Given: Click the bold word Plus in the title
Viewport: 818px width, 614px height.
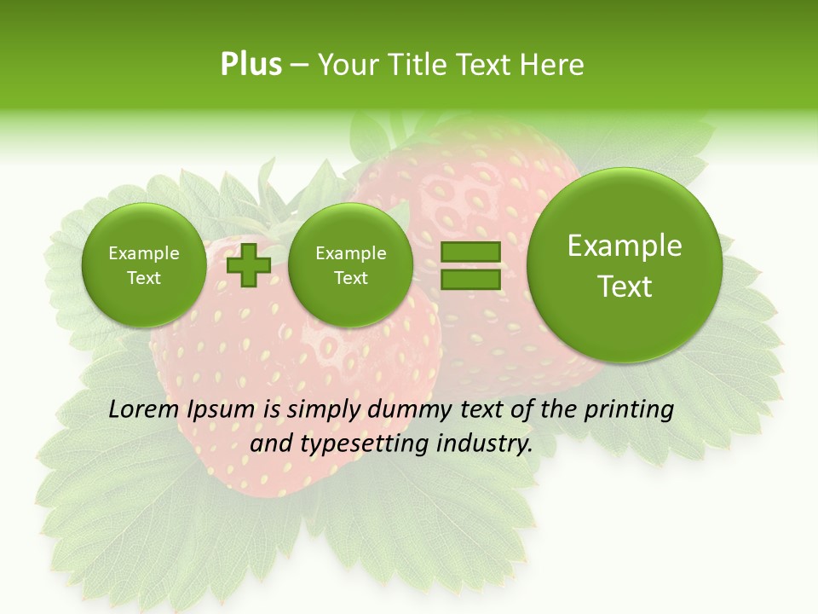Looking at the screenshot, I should [251, 65].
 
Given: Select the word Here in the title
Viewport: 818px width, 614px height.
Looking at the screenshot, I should [556, 65].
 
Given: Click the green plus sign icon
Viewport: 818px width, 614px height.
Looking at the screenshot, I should [248, 265].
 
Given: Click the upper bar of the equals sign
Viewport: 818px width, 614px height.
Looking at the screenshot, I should [469, 252].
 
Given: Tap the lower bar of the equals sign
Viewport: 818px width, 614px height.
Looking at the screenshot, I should [469, 279].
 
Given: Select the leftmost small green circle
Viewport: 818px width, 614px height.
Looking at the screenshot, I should [143, 265].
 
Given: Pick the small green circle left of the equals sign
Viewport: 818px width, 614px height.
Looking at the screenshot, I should [350, 265].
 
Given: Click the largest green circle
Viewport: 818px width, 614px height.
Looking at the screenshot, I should [625, 265].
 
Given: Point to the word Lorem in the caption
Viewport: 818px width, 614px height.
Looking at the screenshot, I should [140, 410].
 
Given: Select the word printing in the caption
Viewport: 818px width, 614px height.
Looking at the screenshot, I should [628, 410].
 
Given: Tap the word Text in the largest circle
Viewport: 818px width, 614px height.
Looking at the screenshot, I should [625, 287].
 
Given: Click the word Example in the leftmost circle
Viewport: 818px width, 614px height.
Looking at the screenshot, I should [143, 253].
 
